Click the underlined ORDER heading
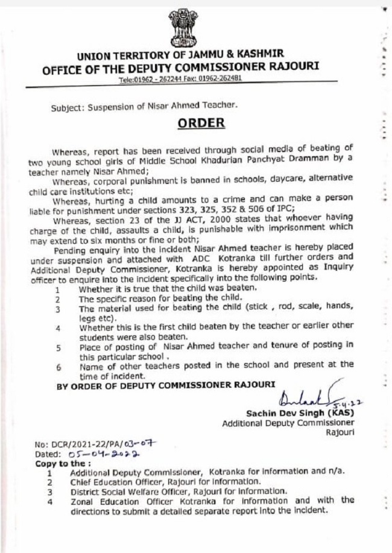click(201, 123)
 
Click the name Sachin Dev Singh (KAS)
click(300, 413)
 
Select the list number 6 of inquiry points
click(58, 366)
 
